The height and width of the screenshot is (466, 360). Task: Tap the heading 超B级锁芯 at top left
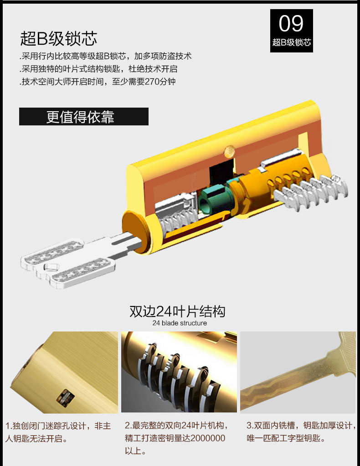point(59,39)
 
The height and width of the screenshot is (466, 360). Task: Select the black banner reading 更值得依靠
point(84,117)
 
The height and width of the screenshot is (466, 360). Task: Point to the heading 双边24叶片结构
point(177,311)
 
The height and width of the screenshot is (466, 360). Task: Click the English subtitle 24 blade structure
point(180,323)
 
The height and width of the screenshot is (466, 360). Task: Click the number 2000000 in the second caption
point(207,438)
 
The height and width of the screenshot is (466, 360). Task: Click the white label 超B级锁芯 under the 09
point(291,43)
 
